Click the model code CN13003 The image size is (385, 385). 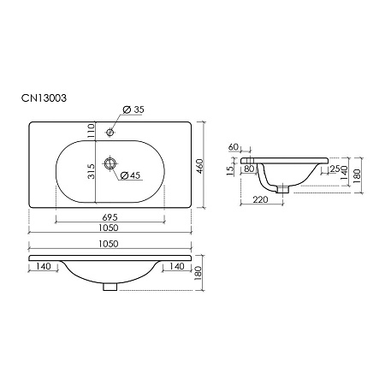(x=44, y=98)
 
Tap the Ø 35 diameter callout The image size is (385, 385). (x=133, y=110)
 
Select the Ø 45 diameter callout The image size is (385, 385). (x=130, y=175)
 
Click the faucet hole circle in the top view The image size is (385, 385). (x=110, y=133)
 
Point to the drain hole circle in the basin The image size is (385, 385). (x=110, y=163)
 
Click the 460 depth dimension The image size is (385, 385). (x=199, y=166)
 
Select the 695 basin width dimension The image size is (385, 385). (x=110, y=217)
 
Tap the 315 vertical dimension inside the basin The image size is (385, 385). (x=91, y=171)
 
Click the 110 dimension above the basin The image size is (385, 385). (x=91, y=131)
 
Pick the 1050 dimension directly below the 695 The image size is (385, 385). (x=109, y=228)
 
